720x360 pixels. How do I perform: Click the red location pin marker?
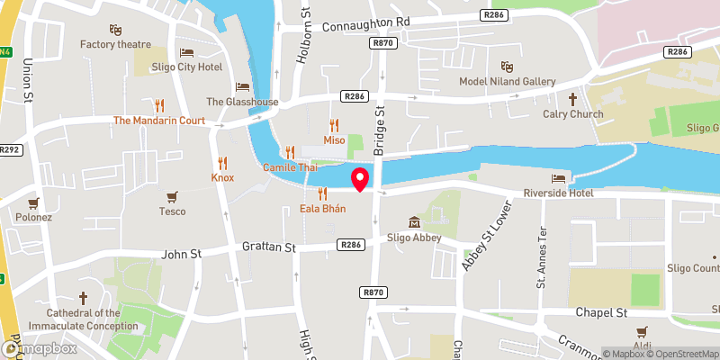[360, 179]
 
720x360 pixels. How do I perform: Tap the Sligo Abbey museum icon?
[413, 221]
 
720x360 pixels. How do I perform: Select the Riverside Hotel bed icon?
[558, 177]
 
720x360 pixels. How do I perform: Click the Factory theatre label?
[114, 44]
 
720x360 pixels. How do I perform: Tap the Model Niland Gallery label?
[508, 82]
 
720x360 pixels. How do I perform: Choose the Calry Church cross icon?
[571, 98]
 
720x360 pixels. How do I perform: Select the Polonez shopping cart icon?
[34, 202]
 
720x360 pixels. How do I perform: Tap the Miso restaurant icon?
[335, 125]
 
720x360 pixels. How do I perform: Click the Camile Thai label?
[289, 168]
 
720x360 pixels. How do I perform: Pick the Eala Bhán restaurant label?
[323, 209]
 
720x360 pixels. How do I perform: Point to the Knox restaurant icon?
[222, 162]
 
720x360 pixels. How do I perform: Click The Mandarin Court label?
[159, 120]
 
